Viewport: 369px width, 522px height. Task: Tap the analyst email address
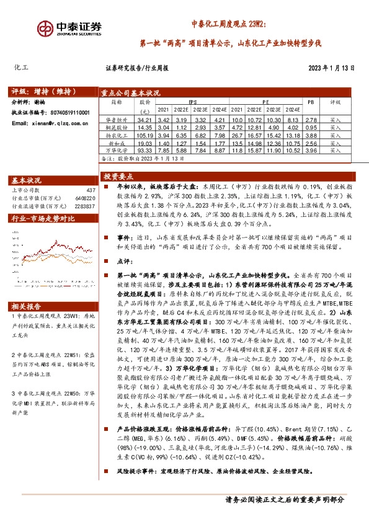coord(48,124)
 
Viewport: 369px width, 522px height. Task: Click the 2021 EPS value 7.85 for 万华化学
coord(164,150)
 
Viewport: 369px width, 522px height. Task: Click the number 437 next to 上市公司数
coord(92,190)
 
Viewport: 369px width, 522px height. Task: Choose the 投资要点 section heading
coord(118,175)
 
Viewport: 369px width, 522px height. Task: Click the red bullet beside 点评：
coord(104,262)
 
